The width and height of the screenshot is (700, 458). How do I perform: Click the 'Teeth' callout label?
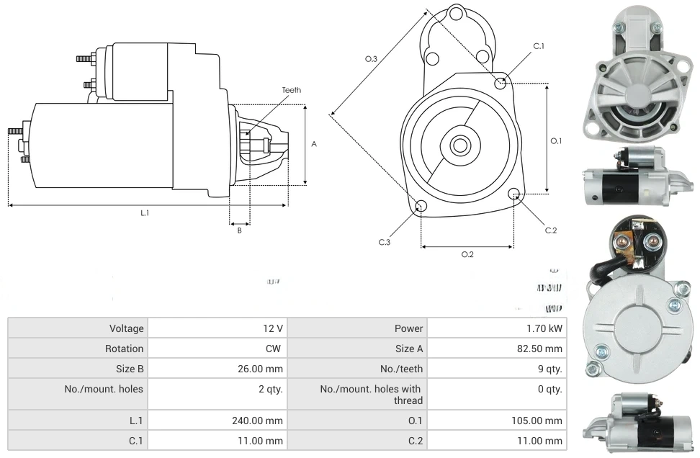pos(291,90)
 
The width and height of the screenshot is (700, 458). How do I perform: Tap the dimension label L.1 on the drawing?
pos(145,212)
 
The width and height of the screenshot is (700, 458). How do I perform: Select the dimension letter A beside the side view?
pos(314,144)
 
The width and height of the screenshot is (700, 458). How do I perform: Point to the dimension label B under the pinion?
pos(240,230)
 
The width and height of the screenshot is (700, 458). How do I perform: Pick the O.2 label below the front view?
pos(467,254)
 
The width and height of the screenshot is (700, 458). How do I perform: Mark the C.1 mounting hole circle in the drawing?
pos(501,84)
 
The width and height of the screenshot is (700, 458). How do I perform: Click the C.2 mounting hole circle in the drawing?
pos(514,194)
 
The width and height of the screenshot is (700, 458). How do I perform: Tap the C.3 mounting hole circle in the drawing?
pos(421,207)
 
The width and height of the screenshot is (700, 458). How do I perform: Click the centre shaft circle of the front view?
pos(459,145)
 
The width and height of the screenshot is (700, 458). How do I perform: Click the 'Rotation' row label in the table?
pos(125,349)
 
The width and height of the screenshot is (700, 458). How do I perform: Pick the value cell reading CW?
pos(274,349)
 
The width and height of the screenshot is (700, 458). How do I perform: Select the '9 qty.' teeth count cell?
pos(549,369)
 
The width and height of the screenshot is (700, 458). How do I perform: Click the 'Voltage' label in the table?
pos(126,328)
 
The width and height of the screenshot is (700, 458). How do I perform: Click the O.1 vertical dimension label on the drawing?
pos(556,141)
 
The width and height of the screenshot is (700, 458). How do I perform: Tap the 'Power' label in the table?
pos(408,328)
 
